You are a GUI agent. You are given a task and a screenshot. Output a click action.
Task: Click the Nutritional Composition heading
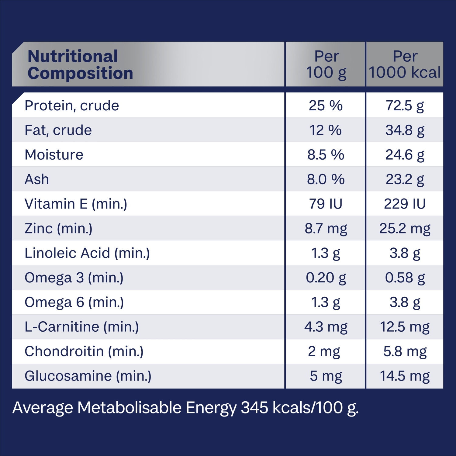coord(80,65)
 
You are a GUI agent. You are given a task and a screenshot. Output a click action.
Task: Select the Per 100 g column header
coord(326,64)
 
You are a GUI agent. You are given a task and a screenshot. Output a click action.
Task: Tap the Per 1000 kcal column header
coord(405,64)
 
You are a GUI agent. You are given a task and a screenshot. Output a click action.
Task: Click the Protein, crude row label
coord(72,106)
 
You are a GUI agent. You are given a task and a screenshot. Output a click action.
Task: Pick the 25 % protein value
coord(326,106)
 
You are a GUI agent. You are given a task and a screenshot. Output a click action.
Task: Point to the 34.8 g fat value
coord(405,130)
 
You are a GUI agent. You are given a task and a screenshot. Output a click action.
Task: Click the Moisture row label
coord(54,155)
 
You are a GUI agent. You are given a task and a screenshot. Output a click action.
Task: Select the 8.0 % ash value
coord(326,179)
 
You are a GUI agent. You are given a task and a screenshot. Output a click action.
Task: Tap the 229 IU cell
coord(405,204)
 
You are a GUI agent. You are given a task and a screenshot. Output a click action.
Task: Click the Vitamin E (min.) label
coord(76,204)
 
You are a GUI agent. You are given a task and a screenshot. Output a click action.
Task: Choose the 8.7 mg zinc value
coord(326,229)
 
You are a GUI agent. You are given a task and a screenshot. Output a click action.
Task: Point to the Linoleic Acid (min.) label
coord(87,253)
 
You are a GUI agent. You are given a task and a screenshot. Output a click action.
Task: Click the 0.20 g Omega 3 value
coord(326,278)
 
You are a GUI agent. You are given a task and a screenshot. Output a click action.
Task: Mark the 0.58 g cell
coord(405,278)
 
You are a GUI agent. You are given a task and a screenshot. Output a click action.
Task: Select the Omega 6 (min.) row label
coord(74,302)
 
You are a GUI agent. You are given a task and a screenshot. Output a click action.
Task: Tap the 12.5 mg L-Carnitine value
coord(405,327)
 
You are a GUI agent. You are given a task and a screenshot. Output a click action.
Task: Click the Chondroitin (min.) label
coord(84,352)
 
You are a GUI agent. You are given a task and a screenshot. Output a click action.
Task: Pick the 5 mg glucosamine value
coord(326,376)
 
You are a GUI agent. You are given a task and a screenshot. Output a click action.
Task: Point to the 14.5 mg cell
coord(405,376)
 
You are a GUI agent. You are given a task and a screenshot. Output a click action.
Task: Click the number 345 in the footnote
coord(254,408)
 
